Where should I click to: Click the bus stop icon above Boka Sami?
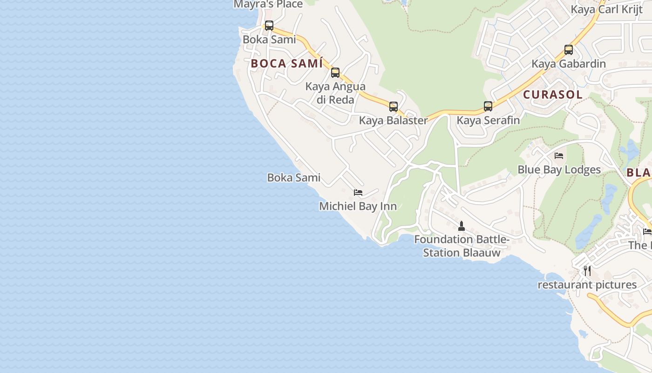269,26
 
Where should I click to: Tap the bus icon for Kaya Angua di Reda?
335,73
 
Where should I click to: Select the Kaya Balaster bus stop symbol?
394,107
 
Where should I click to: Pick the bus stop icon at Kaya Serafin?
488,106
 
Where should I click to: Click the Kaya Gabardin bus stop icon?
569,50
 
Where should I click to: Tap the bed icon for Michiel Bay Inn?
358,192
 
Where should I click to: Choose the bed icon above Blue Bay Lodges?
559,156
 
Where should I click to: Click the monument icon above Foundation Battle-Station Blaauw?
462,226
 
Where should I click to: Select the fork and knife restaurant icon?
587,270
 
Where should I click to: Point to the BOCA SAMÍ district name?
287,63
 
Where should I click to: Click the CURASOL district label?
553,94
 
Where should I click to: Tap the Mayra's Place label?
268,5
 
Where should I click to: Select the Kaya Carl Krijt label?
606,9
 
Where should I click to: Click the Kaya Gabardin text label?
569,64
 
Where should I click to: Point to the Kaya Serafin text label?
488,120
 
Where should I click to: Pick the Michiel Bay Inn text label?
358,206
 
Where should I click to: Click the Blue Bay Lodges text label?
559,170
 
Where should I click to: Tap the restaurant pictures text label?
587,284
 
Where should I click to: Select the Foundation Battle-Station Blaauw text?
462,246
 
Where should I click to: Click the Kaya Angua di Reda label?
335,93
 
